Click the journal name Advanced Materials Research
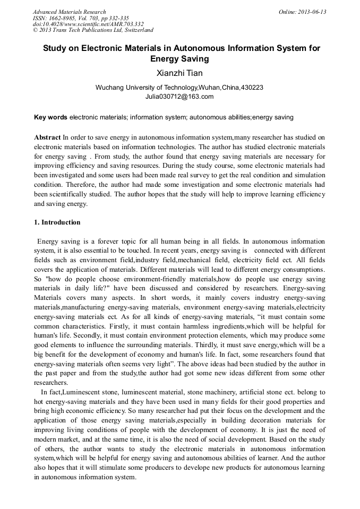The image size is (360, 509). coord(70,12)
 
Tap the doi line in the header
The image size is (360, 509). coord(88,24)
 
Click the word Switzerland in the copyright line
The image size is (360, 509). coord(135,30)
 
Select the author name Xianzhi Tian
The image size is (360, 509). coord(179,73)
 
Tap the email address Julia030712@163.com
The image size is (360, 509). coord(179,97)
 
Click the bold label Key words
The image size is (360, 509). coord(50,117)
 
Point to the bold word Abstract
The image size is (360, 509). coord(47,137)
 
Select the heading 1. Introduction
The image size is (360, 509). coord(57,222)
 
